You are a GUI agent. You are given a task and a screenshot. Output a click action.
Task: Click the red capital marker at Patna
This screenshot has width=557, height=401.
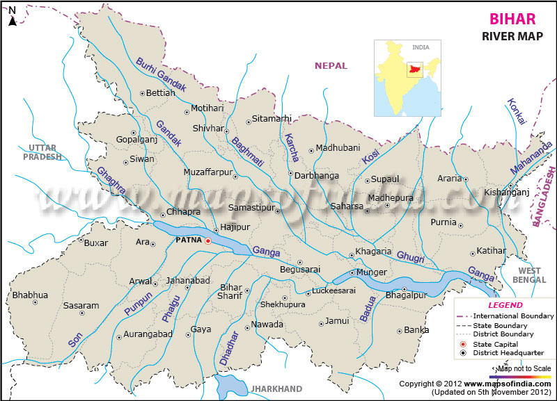click(207, 240)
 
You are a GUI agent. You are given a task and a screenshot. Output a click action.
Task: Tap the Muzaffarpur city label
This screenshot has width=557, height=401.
click(207, 172)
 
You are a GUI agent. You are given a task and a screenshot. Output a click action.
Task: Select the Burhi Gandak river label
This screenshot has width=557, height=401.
click(162, 74)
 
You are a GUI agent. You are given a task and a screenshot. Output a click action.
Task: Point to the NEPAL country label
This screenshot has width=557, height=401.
click(331, 65)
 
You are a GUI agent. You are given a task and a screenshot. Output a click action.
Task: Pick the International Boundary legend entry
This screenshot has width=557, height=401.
click(514, 316)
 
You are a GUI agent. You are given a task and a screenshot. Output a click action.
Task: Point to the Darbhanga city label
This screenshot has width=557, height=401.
click(316, 176)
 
